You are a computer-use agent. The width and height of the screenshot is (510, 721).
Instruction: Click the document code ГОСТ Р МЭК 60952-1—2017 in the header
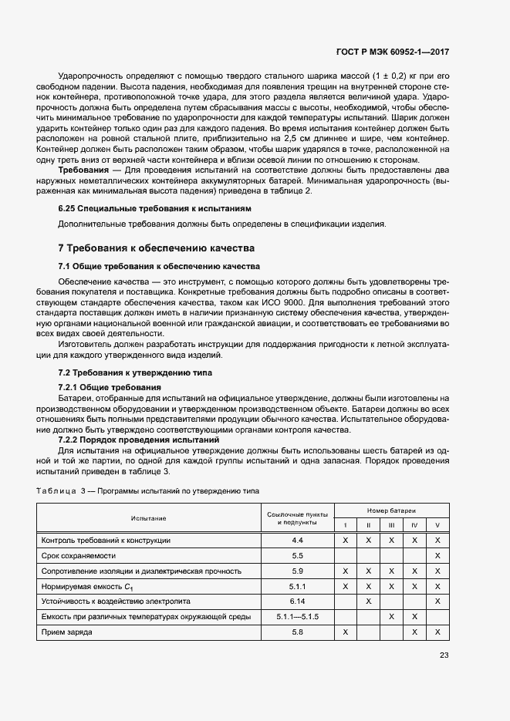click(393, 52)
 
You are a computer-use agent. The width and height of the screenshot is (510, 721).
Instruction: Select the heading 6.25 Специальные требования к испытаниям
click(154, 209)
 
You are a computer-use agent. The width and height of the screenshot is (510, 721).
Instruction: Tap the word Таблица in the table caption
click(56, 490)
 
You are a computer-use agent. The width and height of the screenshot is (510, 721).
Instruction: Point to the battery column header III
click(392, 526)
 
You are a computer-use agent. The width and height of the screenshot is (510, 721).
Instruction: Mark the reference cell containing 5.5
click(297, 555)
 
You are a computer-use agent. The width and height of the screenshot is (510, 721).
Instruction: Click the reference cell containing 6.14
click(297, 601)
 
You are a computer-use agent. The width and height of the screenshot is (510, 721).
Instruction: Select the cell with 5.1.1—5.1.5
click(297, 616)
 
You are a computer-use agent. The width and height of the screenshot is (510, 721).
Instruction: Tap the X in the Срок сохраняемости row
click(437, 555)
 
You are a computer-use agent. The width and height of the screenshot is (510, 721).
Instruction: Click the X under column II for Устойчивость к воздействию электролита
click(369, 601)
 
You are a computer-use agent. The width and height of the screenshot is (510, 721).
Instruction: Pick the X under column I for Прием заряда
click(346, 632)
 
